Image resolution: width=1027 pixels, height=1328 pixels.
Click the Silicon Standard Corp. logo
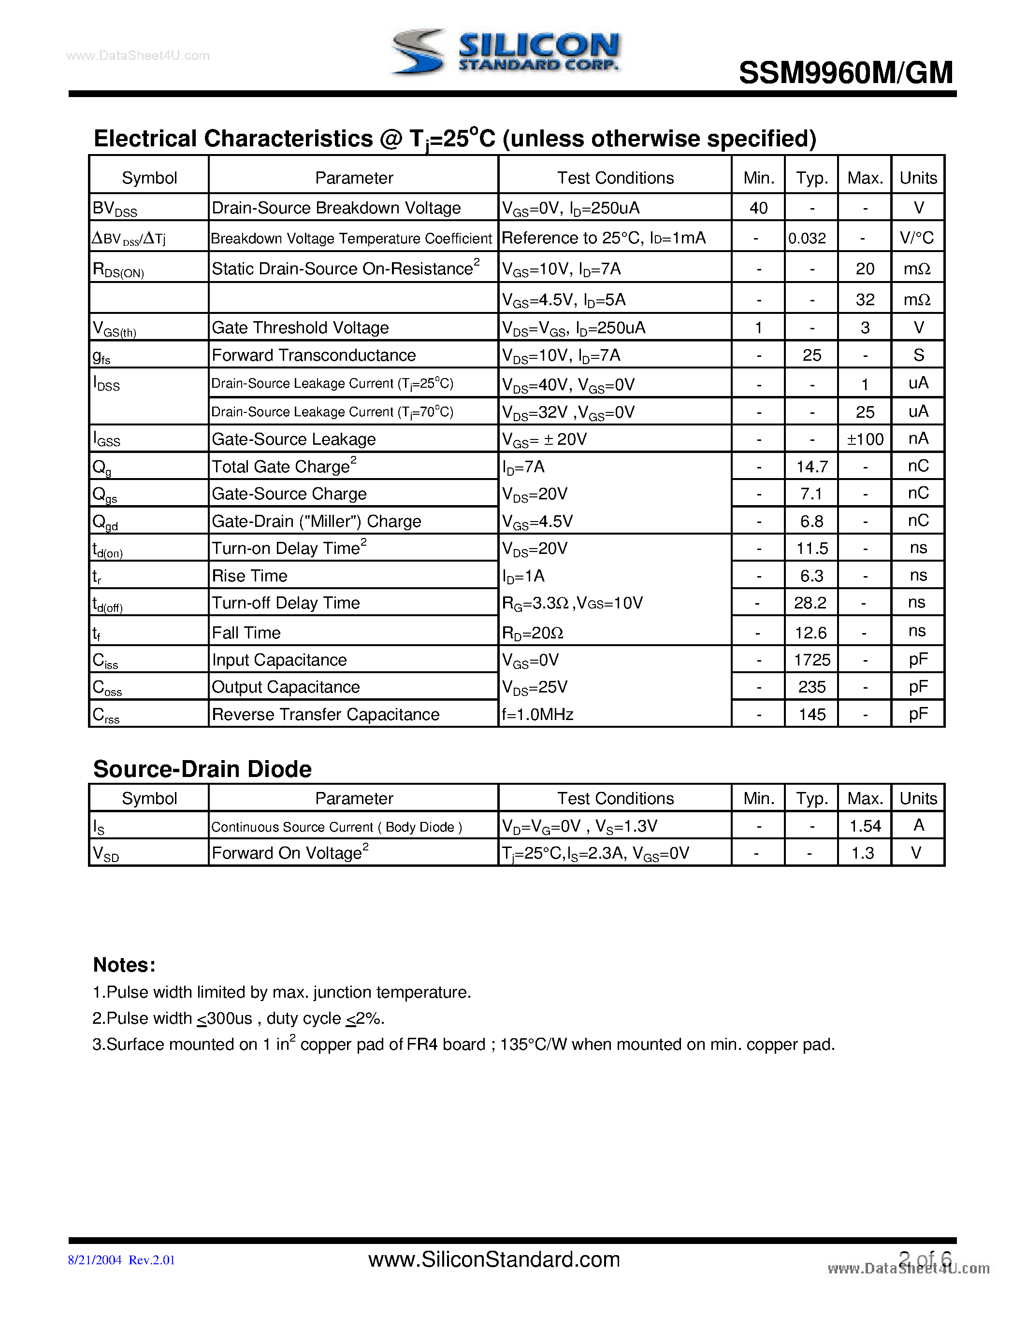pyautogui.click(x=505, y=52)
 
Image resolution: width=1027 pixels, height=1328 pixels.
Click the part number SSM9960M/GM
pyautogui.click(x=845, y=73)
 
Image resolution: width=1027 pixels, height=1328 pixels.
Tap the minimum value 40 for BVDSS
pyautogui.click(x=758, y=208)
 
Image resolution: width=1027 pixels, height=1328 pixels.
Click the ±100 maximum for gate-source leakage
pyautogui.click(x=865, y=439)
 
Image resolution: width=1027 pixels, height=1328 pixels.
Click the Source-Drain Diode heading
pyautogui.click(x=202, y=769)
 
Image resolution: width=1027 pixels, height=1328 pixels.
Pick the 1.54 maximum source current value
pyautogui.click(x=865, y=826)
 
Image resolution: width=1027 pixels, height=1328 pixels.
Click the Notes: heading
pyautogui.click(x=124, y=965)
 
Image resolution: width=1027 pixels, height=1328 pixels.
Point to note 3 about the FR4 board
pyautogui.click(x=463, y=1044)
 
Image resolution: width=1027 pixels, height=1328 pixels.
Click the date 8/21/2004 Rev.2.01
pyautogui.click(x=122, y=1260)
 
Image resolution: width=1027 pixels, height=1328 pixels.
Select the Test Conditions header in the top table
pyautogui.click(x=615, y=178)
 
